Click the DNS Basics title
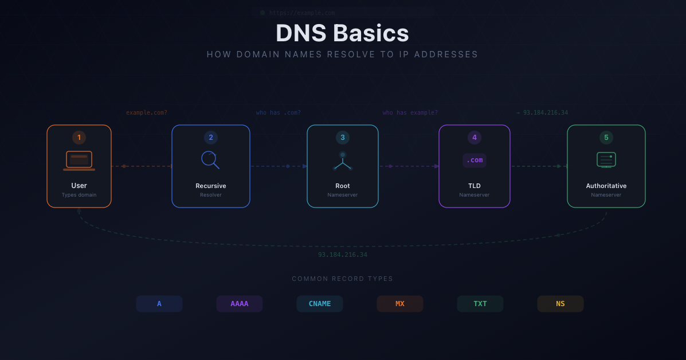[342, 33]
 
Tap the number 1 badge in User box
[79, 138]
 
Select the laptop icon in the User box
[79, 161]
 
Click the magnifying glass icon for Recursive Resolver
[210, 159]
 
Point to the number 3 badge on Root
[343, 138]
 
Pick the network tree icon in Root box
[343, 162]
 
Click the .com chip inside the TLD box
[475, 161]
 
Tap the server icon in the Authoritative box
[606, 160]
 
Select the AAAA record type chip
[240, 304]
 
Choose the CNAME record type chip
[320, 304]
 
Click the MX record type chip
[400, 304]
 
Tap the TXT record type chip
[480, 304]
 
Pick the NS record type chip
[560, 304]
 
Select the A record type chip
[159, 304]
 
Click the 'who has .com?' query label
[278, 113]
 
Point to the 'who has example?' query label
[410, 113]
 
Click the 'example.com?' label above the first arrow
[147, 113]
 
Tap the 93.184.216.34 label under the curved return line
[343, 255]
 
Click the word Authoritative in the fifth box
[606, 186]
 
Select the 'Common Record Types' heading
[343, 279]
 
